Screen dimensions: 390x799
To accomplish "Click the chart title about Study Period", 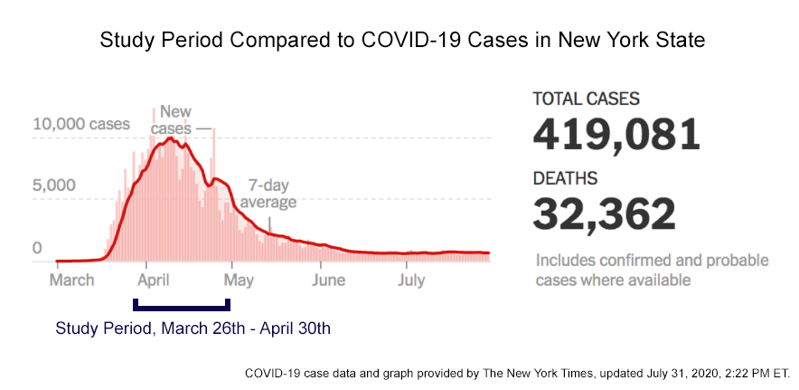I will pos(402,41).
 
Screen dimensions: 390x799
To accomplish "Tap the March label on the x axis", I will pos(71,280).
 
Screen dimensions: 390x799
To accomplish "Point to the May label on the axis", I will pos(240,280).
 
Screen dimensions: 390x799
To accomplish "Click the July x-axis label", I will pos(411,280).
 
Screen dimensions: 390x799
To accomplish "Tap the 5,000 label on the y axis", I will pos(54,185).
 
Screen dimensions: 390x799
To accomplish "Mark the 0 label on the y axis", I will pos(37,247).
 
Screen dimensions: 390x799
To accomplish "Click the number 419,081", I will pos(616,134).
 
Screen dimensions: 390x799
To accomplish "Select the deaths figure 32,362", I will pos(604,214).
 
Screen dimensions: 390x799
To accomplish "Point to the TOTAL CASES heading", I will pos(586,98).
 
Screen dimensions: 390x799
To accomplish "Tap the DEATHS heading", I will pos(565,178).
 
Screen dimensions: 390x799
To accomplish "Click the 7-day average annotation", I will pos(268,194).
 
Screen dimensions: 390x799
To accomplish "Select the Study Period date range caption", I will pos(193,328).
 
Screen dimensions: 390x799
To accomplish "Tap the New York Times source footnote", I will pos(517,372).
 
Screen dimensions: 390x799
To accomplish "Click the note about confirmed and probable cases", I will pos(652,270).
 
